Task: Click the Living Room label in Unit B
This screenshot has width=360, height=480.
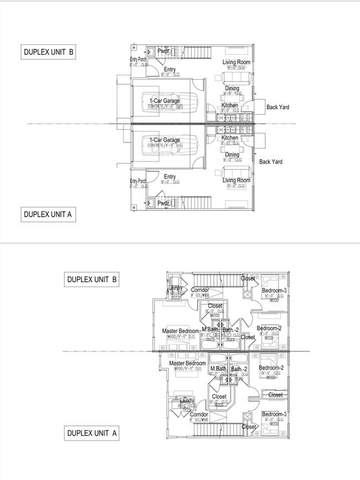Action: (x=236, y=62)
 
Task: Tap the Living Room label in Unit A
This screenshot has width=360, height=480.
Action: (x=236, y=180)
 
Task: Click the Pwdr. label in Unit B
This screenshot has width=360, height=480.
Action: (x=163, y=51)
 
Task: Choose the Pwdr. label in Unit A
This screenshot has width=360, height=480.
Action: (x=163, y=203)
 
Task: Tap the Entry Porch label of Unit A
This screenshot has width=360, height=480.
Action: (x=138, y=181)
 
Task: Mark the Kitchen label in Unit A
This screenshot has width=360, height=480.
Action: (x=230, y=138)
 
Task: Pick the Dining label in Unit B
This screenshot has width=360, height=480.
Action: (x=232, y=88)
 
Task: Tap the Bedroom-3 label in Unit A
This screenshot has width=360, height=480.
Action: (x=274, y=414)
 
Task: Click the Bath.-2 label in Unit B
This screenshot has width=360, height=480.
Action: (x=230, y=331)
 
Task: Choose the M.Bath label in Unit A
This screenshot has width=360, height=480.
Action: (x=218, y=369)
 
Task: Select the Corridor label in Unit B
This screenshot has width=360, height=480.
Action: (x=200, y=290)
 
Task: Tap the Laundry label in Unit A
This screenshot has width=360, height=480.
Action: (x=183, y=400)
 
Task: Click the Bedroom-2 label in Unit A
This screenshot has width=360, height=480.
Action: (x=271, y=368)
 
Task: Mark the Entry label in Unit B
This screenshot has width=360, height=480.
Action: (x=169, y=69)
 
